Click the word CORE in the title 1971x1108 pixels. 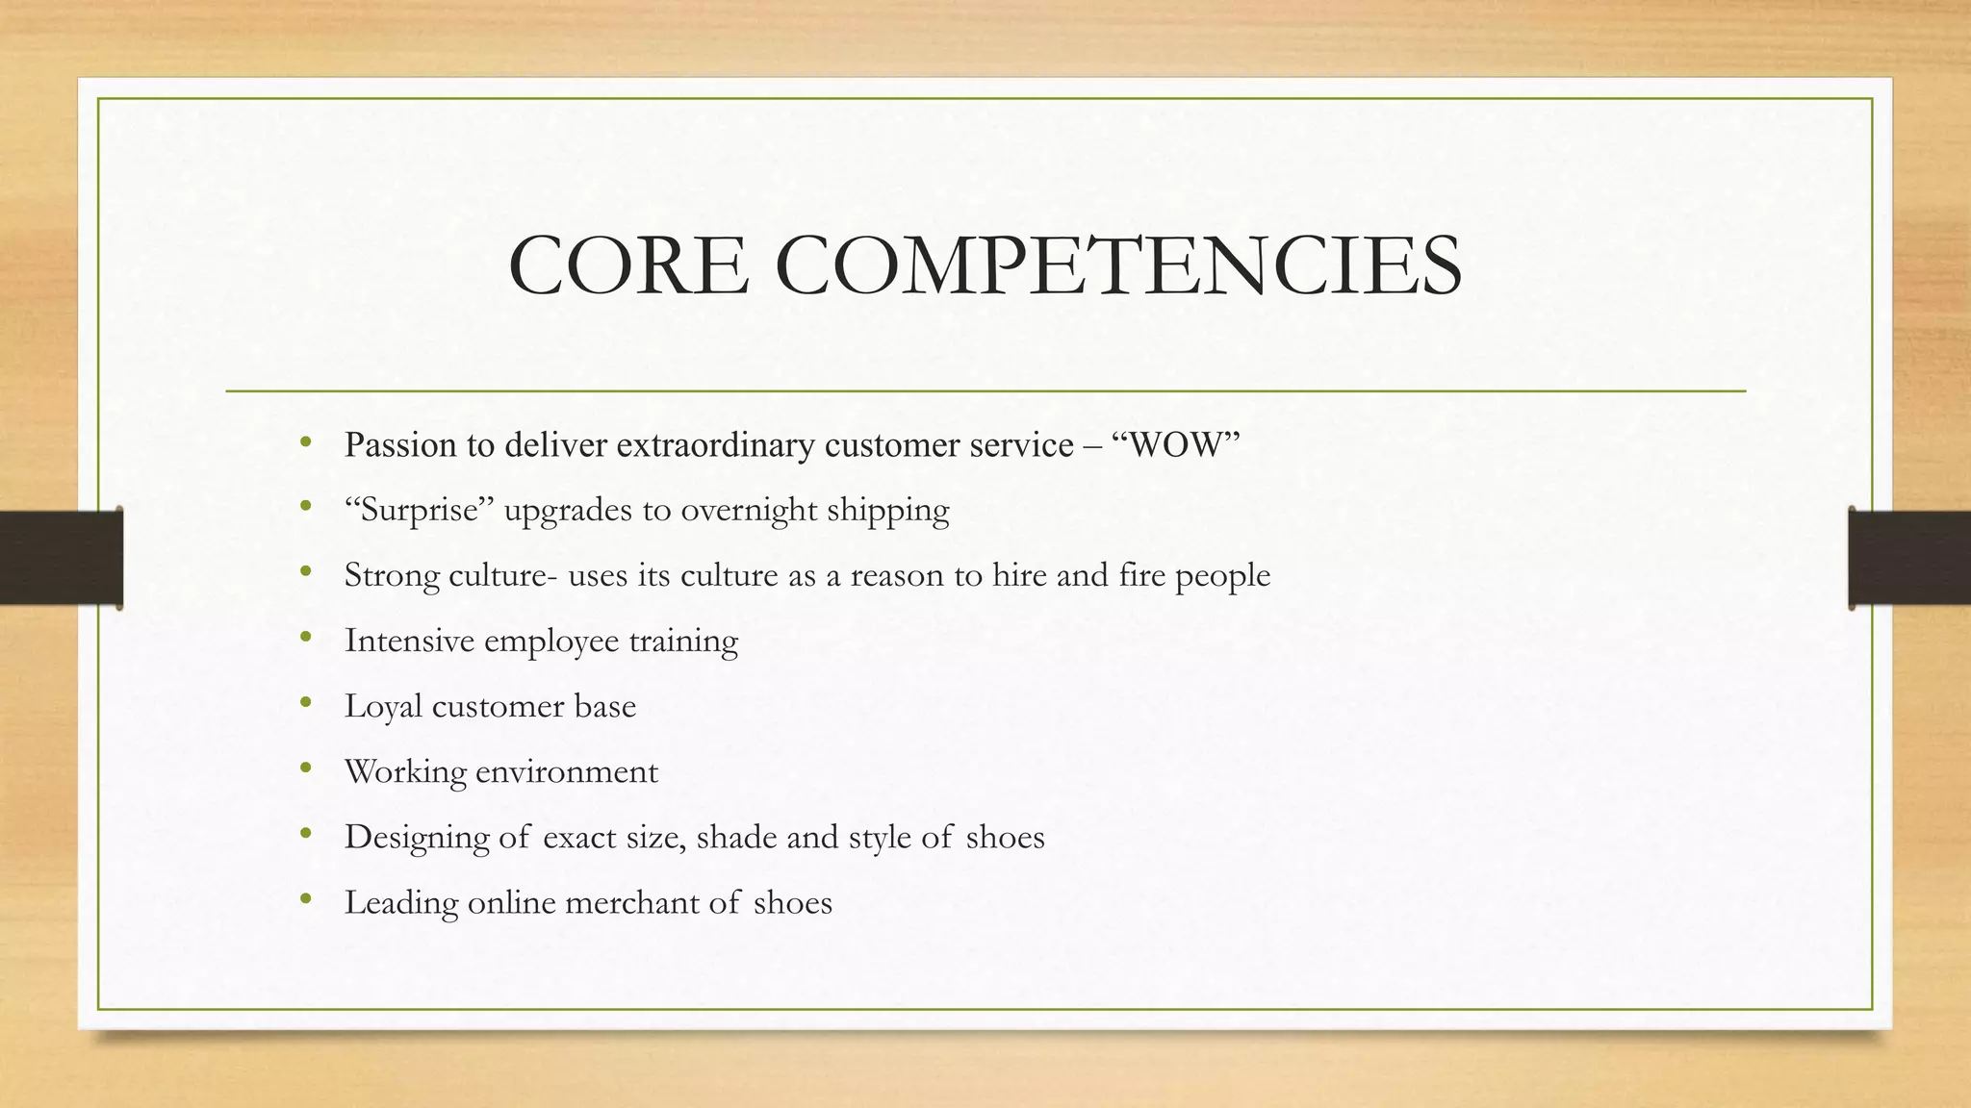(x=627, y=265)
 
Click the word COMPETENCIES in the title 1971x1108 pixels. (x=1117, y=265)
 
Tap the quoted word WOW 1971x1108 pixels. (x=1175, y=445)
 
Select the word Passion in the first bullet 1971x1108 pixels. (x=399, y=445)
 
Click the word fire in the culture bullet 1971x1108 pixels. (x=1141, y=575)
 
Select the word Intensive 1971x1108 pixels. (x=409, y=641)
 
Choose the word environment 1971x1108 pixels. (x=567, y=771)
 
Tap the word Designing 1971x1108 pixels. (x=417, y=837)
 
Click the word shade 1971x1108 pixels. (x=737, y=837)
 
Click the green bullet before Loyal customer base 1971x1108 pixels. (x=306, y=703)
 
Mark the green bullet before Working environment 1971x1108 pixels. (x=306, y=768)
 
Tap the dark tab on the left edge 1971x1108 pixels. (x=61, y=558)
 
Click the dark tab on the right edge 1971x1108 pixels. (x=1909, y=558)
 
